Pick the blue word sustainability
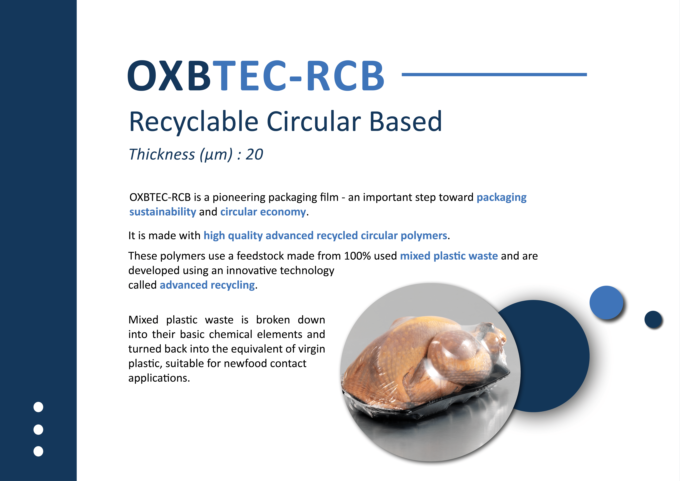tap(163, 212)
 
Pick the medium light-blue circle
tap(606, 302)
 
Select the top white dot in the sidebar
tap(38, 407)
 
